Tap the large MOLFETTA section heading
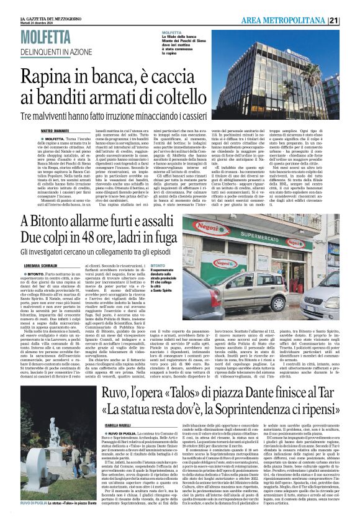point(47,38)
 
